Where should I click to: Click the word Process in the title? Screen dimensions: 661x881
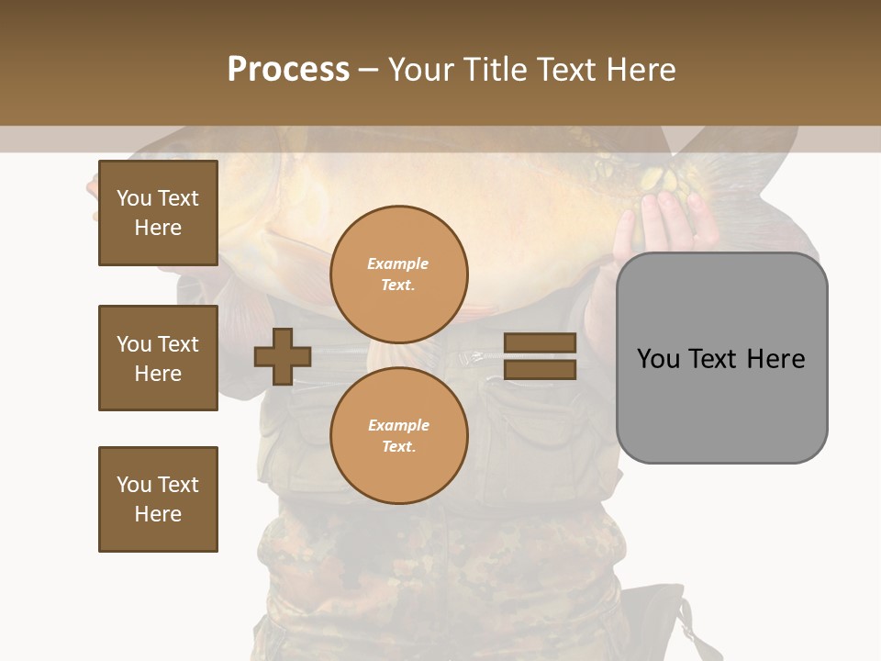[x=288, y=70]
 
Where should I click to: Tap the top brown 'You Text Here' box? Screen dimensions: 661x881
[x=158, y=213]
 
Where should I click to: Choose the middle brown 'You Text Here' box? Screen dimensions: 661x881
[x=158, y=358]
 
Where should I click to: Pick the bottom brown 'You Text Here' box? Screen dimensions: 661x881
[x=158, y=499]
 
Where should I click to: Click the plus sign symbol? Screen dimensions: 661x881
[x=283, y=357]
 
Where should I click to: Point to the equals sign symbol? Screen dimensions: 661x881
[x=540, y=357]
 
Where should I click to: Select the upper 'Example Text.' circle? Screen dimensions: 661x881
[x=398, y=274]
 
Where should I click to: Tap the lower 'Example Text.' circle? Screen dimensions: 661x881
[x=398, y=436]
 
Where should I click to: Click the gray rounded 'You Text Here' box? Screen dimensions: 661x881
[x=721, y=358]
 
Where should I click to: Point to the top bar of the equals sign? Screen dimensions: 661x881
[x=540, y=343]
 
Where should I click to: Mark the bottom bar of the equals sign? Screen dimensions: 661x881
[x=540, y=370]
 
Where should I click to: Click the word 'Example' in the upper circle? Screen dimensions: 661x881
[x=398, y=264]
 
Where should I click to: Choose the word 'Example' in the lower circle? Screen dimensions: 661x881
[x=398, y=426]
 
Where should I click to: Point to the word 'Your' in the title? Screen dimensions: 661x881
[x=422, y=70]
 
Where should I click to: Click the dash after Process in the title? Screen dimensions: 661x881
[x=369, y=70]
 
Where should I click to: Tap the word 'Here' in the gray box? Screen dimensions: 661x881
[x=775, y=358]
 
